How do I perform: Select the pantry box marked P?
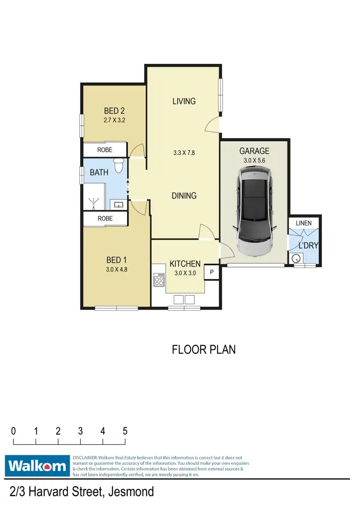point(211,273)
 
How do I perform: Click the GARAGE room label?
point(254,151)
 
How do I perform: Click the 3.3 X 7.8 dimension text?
point(184,154)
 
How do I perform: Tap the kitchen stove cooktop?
point(158,279)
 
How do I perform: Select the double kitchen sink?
point(184,300)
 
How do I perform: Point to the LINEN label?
point(303,223)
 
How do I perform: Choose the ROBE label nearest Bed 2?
point(105,150)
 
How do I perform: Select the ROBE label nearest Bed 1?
point(105,218)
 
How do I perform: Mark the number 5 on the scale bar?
point(125,431)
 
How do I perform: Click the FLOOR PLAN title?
point(204,349)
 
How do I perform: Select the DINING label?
point(184,195)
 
